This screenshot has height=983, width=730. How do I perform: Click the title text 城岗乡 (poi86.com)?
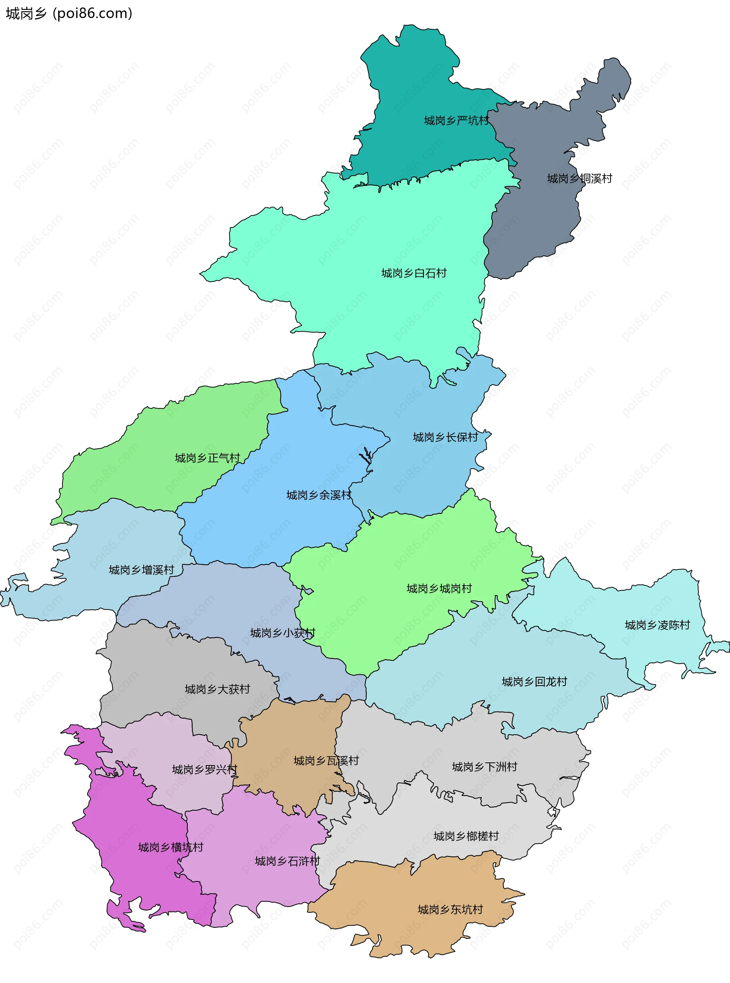point(69,14)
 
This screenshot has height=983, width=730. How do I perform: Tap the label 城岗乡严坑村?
point(457,121)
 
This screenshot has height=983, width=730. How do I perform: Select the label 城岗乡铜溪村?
point(579,179)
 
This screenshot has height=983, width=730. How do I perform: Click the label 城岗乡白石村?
point(414,273)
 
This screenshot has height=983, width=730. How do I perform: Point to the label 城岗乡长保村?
point(446,437)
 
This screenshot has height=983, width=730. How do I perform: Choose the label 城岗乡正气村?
point(207,458)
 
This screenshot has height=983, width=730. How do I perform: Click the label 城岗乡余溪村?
point(319,495)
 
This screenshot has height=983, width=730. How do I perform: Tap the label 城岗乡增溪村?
point(141,570)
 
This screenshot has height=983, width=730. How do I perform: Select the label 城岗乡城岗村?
point(439,588)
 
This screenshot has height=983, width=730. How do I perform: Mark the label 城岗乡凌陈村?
point(657,625)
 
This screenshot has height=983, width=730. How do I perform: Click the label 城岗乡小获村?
point(282,633)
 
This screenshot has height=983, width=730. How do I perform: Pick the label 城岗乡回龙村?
point(534,681)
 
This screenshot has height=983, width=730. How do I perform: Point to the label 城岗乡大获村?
point(217,689)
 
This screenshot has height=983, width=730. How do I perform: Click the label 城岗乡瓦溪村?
point(326,761)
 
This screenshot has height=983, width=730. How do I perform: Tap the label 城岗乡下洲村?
point(484,767)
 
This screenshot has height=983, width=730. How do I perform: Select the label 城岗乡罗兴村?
point(205,770)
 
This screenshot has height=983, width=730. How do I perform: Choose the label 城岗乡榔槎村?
point(466,836)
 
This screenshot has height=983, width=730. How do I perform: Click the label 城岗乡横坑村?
point(171,847)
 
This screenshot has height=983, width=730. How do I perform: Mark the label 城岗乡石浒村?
point(287,861)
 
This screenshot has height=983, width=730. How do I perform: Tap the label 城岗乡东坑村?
point(450,910)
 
